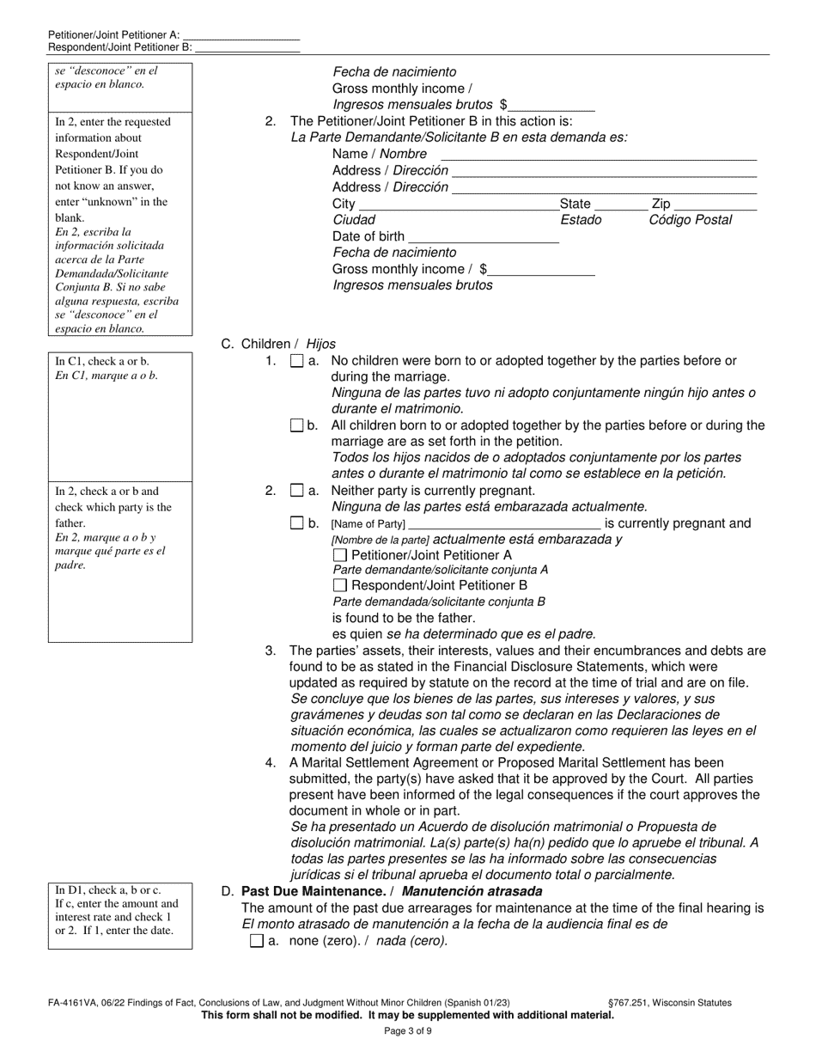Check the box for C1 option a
point(297,362)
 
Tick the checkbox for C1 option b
point(297,425)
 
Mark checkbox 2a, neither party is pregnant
point(297,491)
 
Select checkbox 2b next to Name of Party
point(297,522)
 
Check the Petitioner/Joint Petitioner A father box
point(340,555)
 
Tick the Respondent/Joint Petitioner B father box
point(340,586)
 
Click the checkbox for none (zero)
point(256,941)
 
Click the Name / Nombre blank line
point(598,155)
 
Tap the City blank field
point(458,205)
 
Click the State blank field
point(621,205)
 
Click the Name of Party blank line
point(504,524)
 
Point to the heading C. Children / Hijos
point(278,344)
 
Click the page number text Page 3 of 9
point(407,1031)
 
